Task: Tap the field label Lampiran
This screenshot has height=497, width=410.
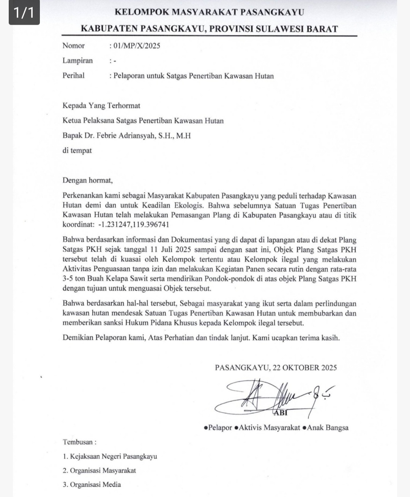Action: (77, 60)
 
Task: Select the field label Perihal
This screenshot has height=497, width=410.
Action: (74, 75)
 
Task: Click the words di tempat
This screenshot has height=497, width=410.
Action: (77, 150)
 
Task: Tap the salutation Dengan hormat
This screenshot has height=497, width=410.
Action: (88, 180)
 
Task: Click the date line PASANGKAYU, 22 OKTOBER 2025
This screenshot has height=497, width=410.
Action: (276, 368)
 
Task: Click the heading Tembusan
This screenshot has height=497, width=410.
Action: (79, 442)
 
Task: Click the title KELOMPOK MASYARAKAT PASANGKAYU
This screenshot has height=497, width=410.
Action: (209, 12)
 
